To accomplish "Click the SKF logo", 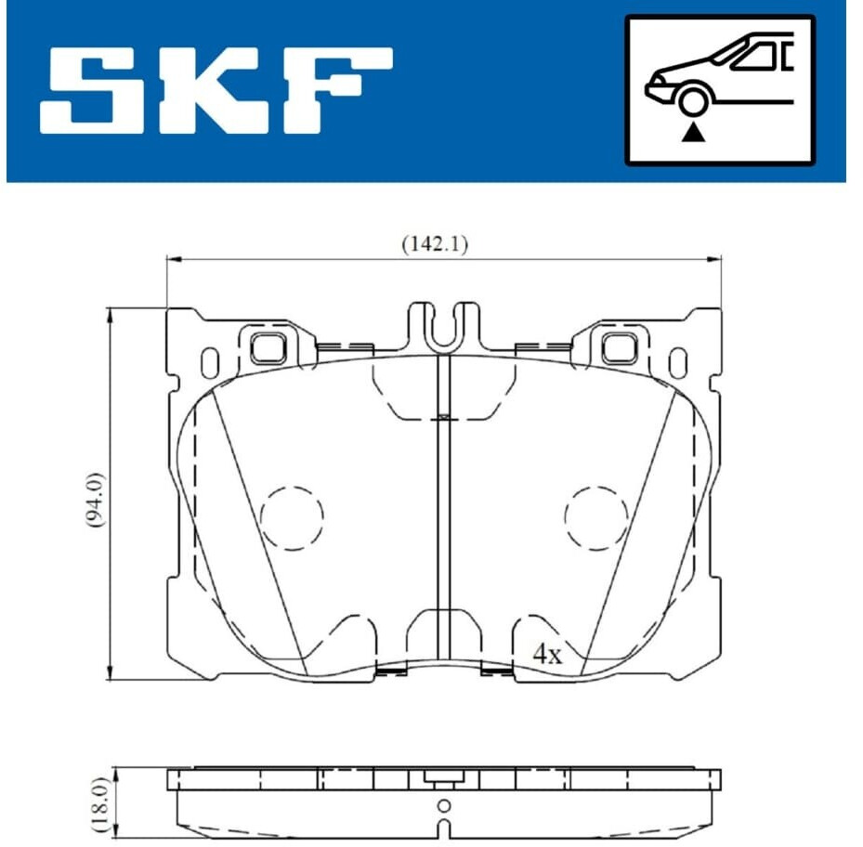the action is [216, 90].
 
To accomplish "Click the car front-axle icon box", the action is [720, 90].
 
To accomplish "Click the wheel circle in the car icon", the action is [692, 101].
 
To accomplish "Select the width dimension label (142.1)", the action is [435, 243].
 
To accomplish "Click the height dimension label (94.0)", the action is [96, 500].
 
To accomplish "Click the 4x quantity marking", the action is [548, 655].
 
